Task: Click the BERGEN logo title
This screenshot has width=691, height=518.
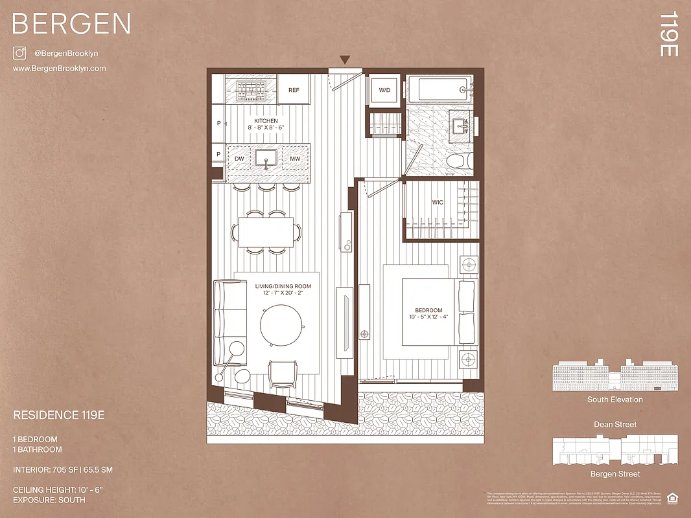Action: point(71,24)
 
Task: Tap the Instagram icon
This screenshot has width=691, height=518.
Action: point(19,53)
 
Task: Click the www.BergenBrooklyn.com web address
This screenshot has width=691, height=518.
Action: point(59,68)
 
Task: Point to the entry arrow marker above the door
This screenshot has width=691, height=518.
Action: point(345,60)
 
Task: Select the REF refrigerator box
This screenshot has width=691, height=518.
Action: point(294,90)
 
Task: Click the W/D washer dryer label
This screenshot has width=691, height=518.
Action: point(384,90)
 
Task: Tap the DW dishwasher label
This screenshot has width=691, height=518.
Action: point(239,159)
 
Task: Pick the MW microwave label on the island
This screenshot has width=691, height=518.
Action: point(294,159)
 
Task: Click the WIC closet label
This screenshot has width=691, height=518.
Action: point(438,203)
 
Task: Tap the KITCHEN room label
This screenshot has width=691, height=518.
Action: point(266,121)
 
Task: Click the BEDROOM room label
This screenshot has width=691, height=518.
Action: point(425,311)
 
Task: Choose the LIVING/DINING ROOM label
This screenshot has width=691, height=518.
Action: point(283,286)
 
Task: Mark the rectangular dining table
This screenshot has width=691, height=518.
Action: point(266,231)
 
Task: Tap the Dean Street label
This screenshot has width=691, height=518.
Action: point(615,425)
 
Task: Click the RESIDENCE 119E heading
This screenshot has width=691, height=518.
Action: point(59,416)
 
